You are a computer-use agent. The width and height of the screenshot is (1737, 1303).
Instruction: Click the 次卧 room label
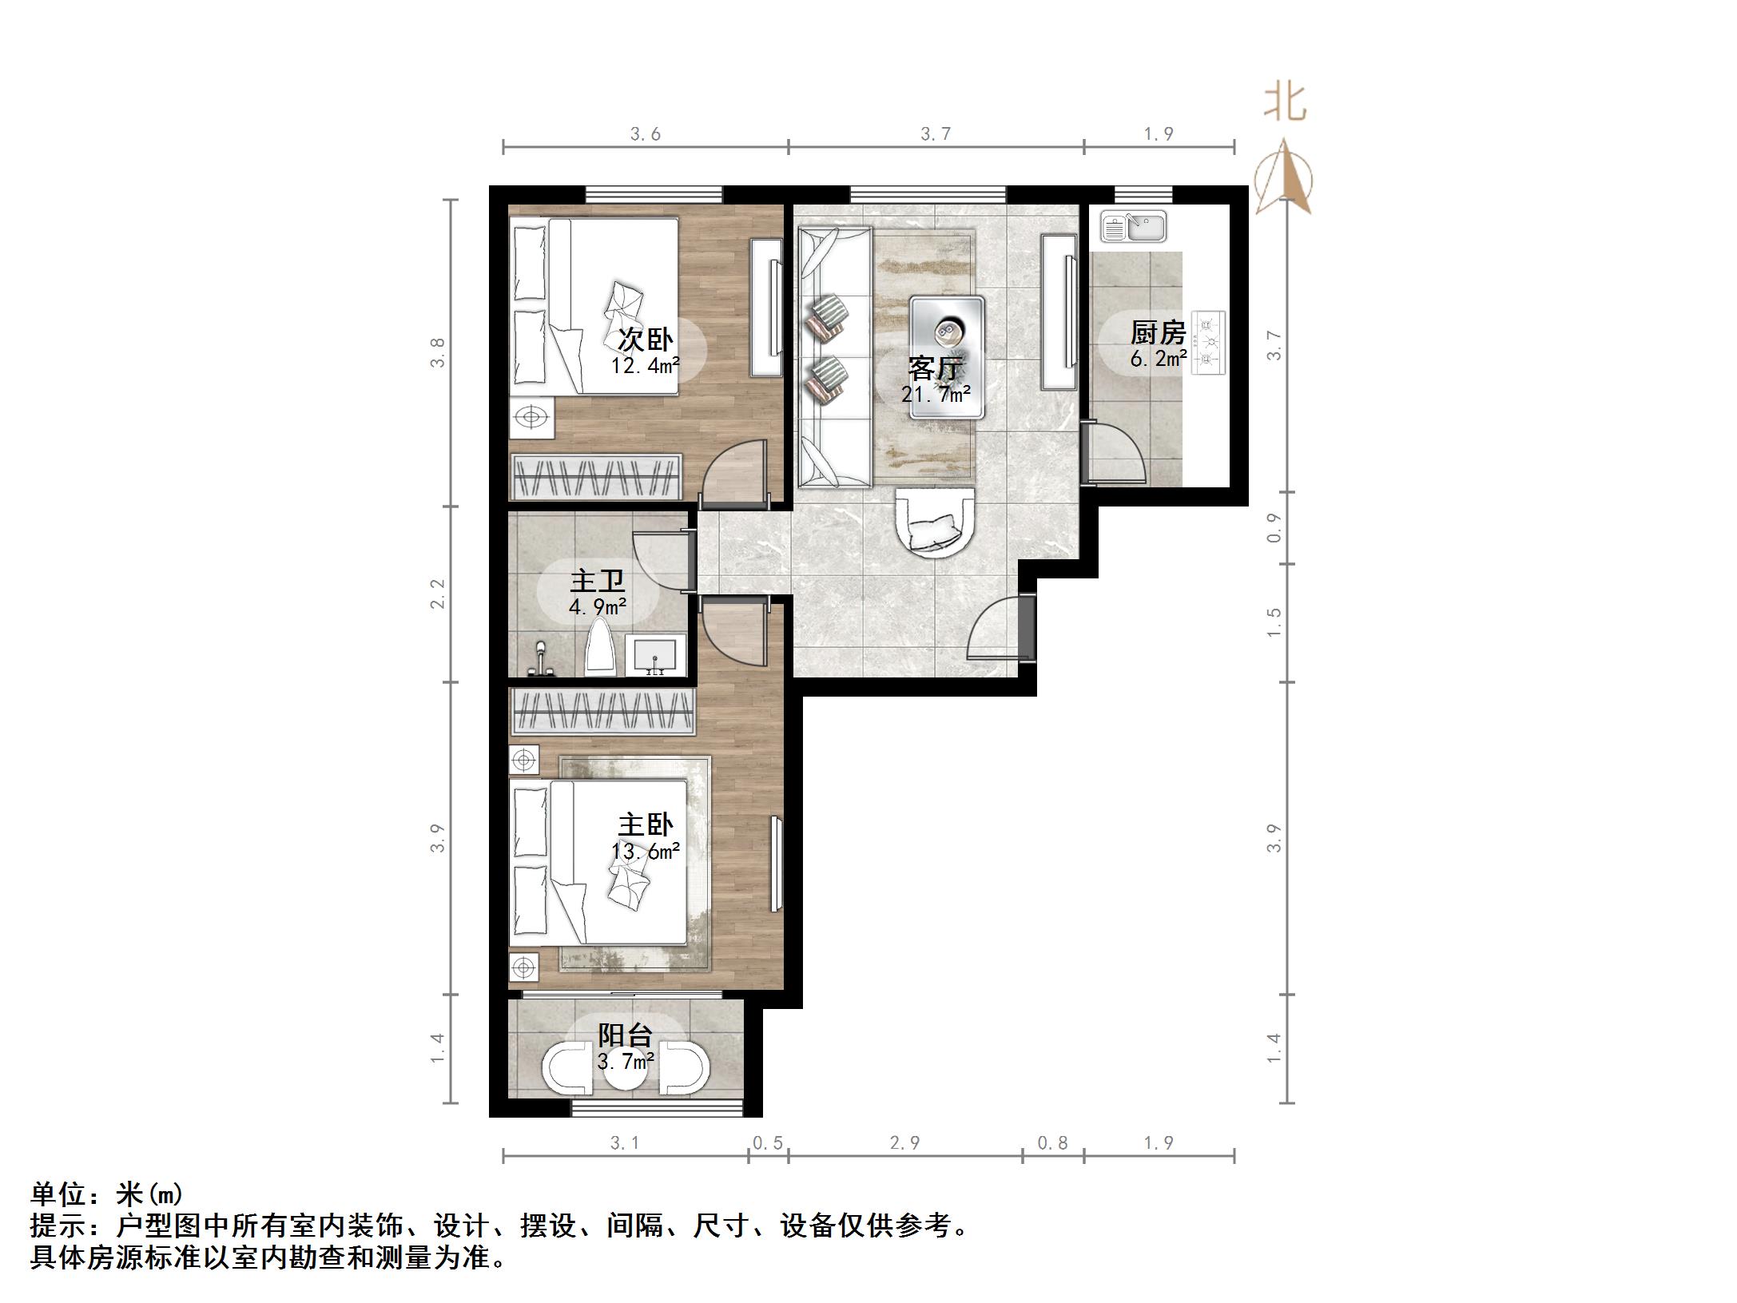[646, 340]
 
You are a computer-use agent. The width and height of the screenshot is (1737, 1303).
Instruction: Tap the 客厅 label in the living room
[936, 368]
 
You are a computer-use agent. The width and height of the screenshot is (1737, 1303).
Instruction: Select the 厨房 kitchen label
[1158, 332]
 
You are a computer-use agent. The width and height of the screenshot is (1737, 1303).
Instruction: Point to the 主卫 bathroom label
[597, 581]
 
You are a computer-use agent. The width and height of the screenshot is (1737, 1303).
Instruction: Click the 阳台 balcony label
[626, 1035]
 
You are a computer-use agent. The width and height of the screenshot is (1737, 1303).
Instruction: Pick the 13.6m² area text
[646, 852]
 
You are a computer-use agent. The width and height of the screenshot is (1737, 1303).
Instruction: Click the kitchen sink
[1133, 226]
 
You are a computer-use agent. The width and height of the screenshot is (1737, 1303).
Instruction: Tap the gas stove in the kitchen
[1208, 343]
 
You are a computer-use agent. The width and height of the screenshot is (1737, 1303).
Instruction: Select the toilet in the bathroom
[601, 649]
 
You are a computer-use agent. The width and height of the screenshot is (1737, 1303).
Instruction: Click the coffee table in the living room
[947, 356]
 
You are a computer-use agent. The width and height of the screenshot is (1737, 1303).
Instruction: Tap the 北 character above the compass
[1285, 103]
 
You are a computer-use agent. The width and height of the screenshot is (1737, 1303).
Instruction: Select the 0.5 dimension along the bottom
[767, 1143]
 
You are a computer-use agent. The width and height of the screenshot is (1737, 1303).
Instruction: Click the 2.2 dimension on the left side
[437, 594]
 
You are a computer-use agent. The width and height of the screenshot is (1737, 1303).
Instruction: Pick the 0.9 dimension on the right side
[1274, 528]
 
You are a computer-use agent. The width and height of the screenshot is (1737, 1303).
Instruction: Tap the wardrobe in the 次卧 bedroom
[596, 477]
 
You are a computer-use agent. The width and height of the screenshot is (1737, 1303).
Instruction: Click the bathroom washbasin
[655, 656]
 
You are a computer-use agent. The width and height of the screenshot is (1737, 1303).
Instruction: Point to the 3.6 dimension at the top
[646, 134]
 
